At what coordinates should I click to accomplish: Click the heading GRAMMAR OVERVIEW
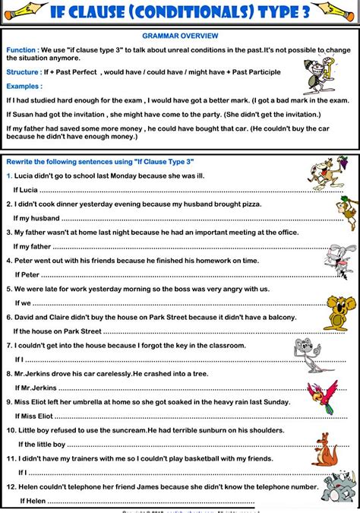(180, 36)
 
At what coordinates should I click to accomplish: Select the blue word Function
(21, 49)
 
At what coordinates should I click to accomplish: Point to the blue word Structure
(22, 72)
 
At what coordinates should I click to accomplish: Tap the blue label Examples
(24, 87)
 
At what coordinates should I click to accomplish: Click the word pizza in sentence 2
(248, 204)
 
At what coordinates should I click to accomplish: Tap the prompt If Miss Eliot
(35, 416)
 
